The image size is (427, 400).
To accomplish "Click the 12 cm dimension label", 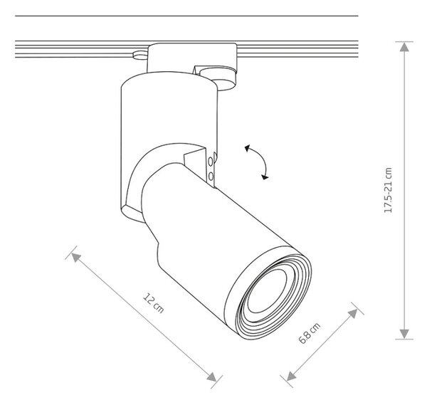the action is [153, 302].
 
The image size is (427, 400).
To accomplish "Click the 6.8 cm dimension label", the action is [310, 333].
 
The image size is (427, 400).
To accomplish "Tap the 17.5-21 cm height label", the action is [388, 190].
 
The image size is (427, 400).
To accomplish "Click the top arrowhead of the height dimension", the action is [404, 47].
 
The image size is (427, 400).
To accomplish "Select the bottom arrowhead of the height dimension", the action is [404, 334].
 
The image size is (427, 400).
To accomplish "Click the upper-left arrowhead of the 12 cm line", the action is [76, 257].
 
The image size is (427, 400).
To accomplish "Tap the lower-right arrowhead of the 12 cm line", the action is [211, 377].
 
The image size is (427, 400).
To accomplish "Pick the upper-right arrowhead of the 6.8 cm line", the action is [353, 313].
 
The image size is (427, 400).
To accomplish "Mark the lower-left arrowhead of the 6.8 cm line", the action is [291, 376].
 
